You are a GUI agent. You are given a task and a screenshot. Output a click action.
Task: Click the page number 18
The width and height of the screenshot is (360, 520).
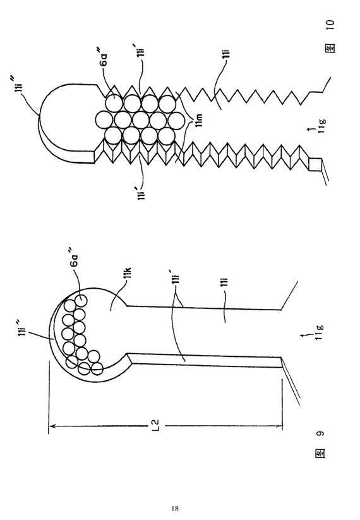[175, 509]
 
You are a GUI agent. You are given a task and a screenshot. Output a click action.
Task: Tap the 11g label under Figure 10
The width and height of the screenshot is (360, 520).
[321, 126]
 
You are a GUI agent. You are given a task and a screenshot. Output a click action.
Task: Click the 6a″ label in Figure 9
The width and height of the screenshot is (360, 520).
[75, 258]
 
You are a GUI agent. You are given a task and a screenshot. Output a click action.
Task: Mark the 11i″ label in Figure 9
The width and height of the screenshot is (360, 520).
[21, 329]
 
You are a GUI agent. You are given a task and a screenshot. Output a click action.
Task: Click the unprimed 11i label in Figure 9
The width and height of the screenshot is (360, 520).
[225, 282]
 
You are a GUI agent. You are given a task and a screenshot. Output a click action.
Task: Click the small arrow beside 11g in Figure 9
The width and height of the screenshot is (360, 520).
[305, 336]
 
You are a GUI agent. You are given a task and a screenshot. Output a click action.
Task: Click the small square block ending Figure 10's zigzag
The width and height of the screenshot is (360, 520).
[315, 165]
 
